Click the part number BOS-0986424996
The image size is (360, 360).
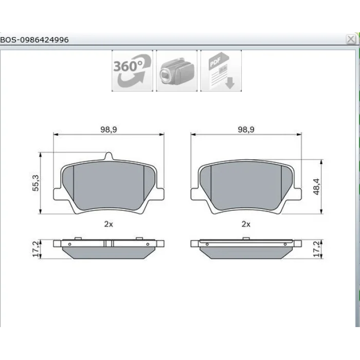tap(34, 40)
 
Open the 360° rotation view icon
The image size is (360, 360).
tap(132, 71)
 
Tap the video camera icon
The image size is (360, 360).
tap(176, 71)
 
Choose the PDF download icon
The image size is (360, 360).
tap(221, 71)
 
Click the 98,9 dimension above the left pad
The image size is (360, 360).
tap(109, 130)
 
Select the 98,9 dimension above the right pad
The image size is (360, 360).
tap(246, 130)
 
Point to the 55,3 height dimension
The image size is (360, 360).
tap(36, 183)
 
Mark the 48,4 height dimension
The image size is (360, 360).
tap(316, 187)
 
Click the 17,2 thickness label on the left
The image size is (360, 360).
tap(36, 249)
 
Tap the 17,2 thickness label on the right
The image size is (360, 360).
tap(317, 249)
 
